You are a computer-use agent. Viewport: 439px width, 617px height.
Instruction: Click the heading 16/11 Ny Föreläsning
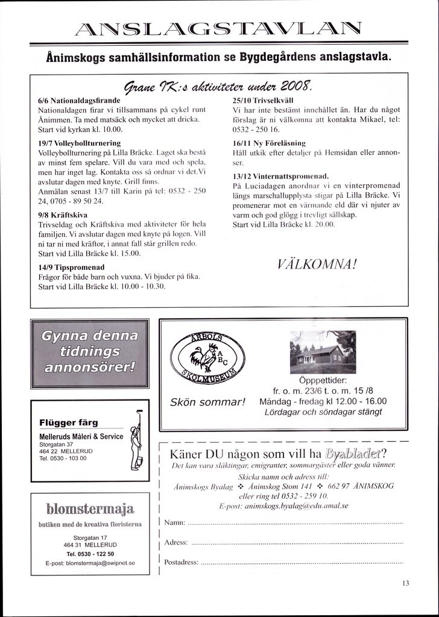tap(269, 143)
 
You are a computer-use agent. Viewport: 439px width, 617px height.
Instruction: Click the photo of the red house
tap(318, 353)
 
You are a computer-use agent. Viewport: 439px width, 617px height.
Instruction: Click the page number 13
tap(405, 583)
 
